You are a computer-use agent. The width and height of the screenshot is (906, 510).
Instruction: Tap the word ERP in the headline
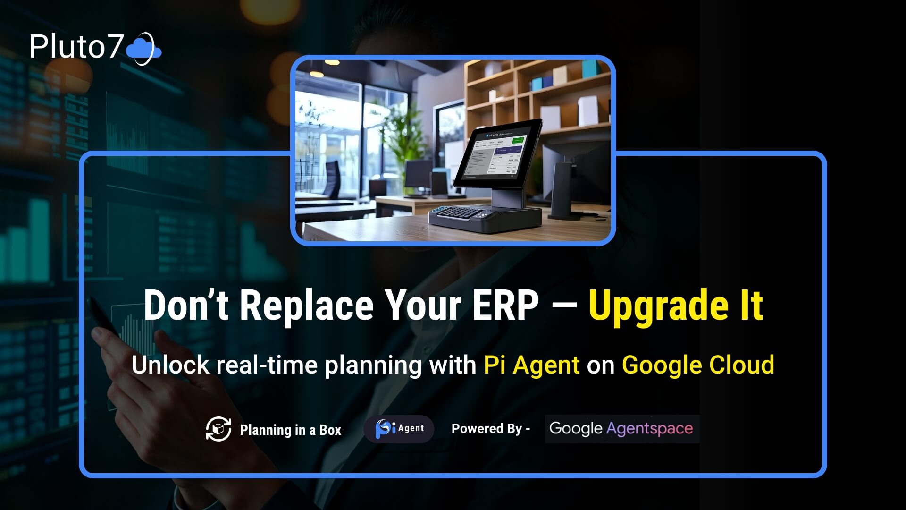pos(505,306)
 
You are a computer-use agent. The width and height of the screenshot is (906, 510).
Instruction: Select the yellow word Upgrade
pos(658,307)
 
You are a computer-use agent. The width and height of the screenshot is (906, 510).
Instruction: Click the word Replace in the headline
pos(307,306)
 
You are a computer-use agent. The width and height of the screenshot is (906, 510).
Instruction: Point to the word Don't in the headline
pos(186,306)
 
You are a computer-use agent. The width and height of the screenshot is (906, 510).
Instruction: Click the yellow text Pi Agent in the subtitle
pos(531,365)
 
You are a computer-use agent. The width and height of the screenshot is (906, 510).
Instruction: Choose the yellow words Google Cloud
pos(698,365)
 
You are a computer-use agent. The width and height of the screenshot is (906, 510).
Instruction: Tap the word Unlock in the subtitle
pos(170,365)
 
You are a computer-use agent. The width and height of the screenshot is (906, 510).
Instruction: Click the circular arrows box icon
pos(218,429)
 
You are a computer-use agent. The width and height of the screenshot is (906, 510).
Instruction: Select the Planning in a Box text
pos(290,430)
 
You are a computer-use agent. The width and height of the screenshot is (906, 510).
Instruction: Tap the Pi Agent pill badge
pos(399,429)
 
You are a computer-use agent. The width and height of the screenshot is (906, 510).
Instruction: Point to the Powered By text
pos(490,429)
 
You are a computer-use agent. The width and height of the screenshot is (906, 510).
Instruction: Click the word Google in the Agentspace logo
pos(576,429)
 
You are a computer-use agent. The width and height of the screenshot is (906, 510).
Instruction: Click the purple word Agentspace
pos(649,429)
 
